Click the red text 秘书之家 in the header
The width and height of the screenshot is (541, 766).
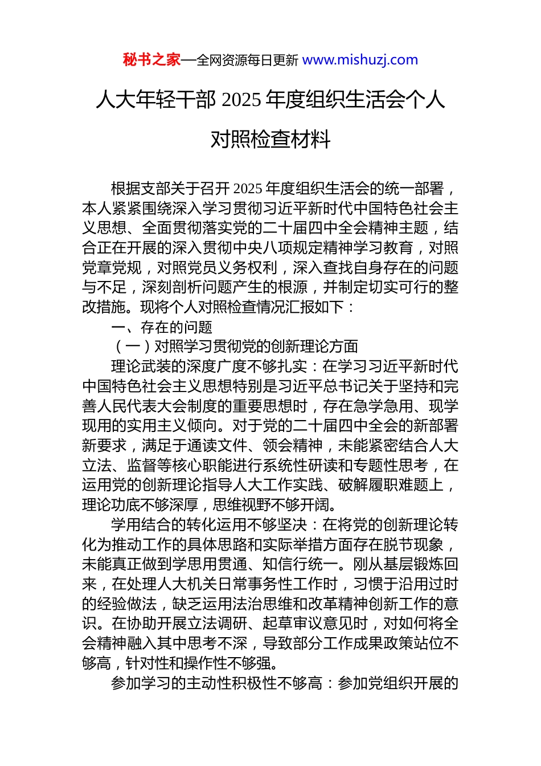coord(151,60)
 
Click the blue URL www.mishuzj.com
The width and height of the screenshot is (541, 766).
coord(360,60)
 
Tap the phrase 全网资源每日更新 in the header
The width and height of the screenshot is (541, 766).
coord(247,60)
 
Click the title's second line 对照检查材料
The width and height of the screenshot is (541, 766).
coord(270,138)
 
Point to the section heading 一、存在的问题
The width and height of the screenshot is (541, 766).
coord(162,327)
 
